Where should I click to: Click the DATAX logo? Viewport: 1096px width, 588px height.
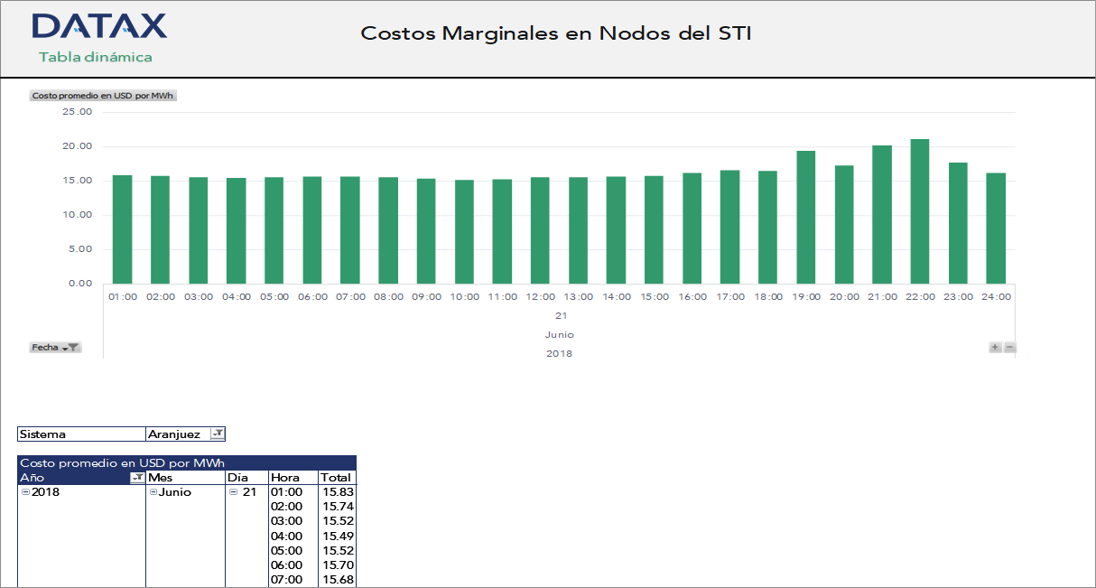(x=99, y=26)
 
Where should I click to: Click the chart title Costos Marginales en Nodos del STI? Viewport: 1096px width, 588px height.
(x=555, y=33)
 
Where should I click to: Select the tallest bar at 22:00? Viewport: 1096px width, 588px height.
(x=919, y=211)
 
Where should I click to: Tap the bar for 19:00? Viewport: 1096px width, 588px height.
(x=805, y=217)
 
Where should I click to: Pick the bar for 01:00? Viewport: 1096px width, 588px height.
(x=122, y=229)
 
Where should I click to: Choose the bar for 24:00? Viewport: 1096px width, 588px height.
(x=996, y=229)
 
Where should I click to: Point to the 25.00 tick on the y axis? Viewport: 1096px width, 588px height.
(x=78, y=112)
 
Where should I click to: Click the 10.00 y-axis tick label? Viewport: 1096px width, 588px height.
(x=78, y=215)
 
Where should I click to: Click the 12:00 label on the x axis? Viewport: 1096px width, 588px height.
(x=540, y=297)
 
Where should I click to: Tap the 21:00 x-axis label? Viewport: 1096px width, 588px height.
(x=882, y=297)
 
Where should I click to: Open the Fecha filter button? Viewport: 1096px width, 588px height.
(x=56, y=348)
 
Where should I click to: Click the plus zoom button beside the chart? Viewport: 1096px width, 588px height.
(x=995, y=348)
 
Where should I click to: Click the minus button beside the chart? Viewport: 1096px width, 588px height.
(x=1010, y=348)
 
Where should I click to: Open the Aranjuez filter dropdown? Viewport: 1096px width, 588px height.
(x=217, y=434)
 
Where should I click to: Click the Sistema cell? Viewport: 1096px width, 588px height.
(x=81, y=434)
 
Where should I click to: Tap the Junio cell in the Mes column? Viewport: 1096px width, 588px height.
(x=175, y=492)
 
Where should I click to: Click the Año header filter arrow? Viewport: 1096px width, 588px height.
(x=137, y=478)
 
